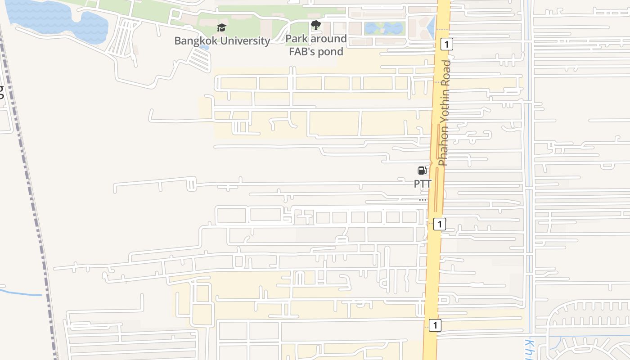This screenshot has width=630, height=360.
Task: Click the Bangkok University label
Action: [222, 41]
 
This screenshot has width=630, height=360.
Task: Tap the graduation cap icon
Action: [221, 28]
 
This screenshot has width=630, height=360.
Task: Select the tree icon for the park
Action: [316, 26]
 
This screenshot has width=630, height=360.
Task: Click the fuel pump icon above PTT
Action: [422, 171]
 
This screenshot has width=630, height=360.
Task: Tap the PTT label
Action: [423, 184]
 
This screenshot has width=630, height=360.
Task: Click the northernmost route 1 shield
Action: [446, 44]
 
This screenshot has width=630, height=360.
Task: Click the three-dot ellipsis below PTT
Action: [423, 199]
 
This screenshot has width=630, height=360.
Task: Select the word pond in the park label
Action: [331, 52]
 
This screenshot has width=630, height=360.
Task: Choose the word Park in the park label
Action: [297, 39]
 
